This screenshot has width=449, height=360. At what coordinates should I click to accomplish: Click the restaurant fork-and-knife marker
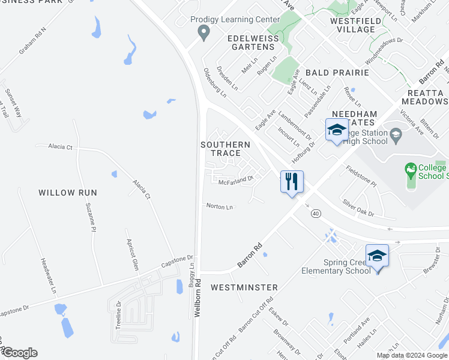tap(292, 182)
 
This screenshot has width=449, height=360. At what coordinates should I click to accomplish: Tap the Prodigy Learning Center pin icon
tap(204, 32)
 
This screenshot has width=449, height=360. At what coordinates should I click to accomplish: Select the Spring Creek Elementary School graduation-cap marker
tap(376, 256)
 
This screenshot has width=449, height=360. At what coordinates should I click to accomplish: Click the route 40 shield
tap(316, 213)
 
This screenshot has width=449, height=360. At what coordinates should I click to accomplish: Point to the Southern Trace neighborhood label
tap(225, 149)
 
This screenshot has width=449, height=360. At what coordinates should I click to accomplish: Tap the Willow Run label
tap(68, 193)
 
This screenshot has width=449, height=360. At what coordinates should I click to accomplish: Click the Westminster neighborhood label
tap(244, 287)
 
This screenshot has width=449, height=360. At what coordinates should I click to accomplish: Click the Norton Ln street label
tap(219, 206)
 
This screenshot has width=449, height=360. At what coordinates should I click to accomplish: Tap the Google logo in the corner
tap(20, 353)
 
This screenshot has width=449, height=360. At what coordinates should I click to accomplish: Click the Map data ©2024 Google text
tap(411, 355)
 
